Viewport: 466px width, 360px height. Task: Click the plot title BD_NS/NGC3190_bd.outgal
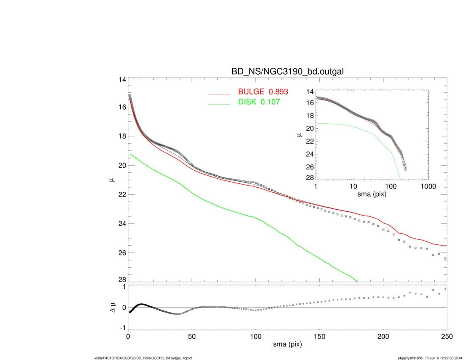click(x=287, y=72)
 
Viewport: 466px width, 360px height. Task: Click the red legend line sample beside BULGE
click(x=219, y=94)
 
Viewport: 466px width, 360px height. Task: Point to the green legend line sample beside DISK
click(x=219, y=103)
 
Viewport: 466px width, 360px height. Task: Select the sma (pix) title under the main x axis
click(x=287, y=345)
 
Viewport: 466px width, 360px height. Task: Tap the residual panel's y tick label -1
click(x=122, y=327)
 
